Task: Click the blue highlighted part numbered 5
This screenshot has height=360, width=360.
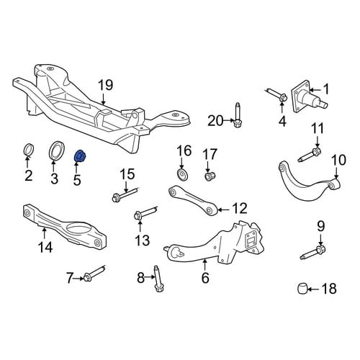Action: (80, 156)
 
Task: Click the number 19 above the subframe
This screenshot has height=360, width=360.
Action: (106, 85)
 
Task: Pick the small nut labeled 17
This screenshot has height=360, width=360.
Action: (210, 176)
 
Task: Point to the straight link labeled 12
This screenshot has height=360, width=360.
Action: (193, 199)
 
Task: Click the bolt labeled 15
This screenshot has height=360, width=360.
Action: (125, 194)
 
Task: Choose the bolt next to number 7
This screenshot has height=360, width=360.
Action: (94, 274)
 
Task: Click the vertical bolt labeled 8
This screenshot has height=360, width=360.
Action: (158, 279)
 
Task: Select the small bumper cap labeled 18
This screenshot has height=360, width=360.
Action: (302, 289)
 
